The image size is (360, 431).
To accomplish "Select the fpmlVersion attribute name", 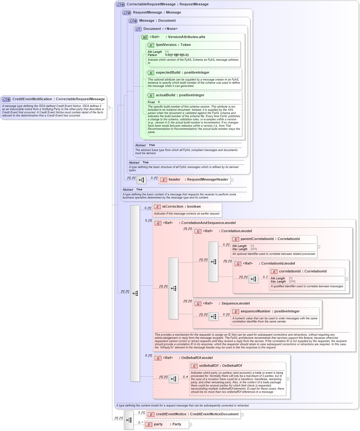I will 166,45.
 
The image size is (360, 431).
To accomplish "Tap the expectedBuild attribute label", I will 168,73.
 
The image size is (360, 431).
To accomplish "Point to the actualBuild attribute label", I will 167,95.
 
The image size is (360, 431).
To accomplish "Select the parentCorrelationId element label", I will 257,239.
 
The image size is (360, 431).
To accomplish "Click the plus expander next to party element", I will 190,425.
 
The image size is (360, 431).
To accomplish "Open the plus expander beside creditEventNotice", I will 242,415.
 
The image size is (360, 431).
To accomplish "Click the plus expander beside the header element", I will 232,180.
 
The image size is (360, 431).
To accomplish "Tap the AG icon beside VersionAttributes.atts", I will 144,37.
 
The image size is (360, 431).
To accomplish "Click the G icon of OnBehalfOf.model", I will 158,358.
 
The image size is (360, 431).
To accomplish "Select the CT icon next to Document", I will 138,29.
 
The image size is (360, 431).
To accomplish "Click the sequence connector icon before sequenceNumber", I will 213,316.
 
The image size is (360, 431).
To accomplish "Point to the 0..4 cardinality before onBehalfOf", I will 185,377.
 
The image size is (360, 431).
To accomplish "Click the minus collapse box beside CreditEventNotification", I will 108,108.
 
